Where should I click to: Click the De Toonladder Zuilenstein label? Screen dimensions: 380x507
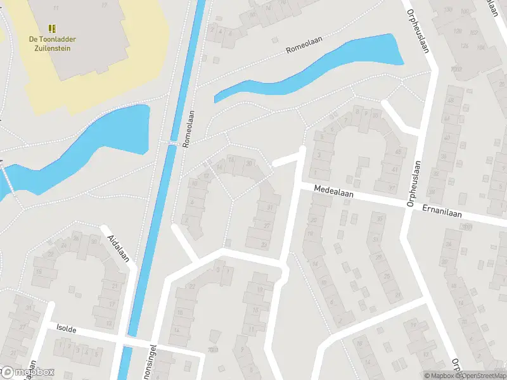[x=50, y=43]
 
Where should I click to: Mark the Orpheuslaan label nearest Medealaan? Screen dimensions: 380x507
[x=414, y=182]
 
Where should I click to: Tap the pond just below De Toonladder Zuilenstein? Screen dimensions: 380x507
[x=82, y=149]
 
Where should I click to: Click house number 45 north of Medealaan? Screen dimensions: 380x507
[x=399, y=153]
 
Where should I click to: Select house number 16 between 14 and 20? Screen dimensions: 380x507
[x=231, y=161]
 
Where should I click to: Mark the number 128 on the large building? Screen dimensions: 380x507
[x=464, y=46]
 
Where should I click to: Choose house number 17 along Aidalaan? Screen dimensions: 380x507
[x=112, y=304]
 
